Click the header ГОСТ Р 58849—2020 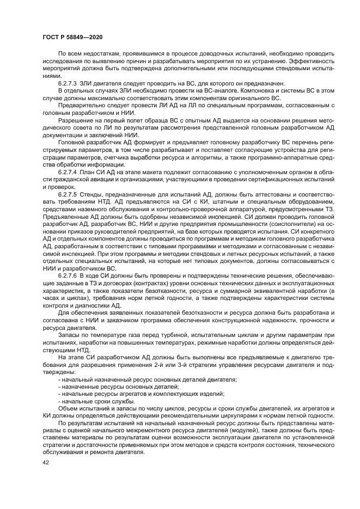72,35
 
